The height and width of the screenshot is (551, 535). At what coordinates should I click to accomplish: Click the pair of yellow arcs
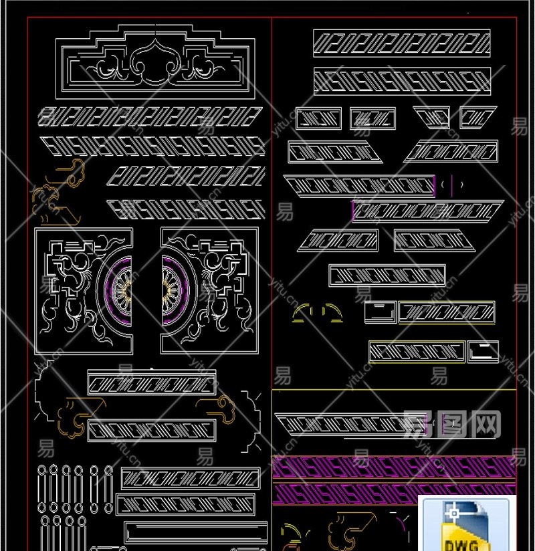318,311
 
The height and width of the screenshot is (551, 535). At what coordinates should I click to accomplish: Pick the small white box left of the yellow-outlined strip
380,311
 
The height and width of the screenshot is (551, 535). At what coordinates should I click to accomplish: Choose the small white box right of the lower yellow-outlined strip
483,351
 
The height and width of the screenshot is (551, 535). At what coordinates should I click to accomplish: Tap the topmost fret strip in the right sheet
401,43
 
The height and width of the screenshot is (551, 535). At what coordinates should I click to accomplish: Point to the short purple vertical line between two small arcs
452,185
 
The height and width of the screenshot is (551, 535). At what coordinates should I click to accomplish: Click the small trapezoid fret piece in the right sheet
431,118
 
